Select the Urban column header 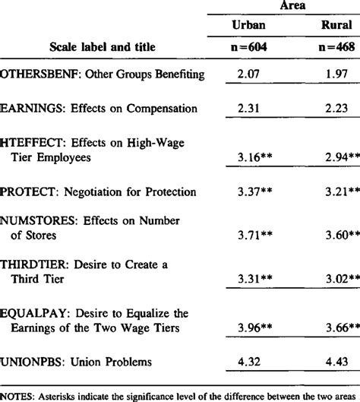(249, 26)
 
